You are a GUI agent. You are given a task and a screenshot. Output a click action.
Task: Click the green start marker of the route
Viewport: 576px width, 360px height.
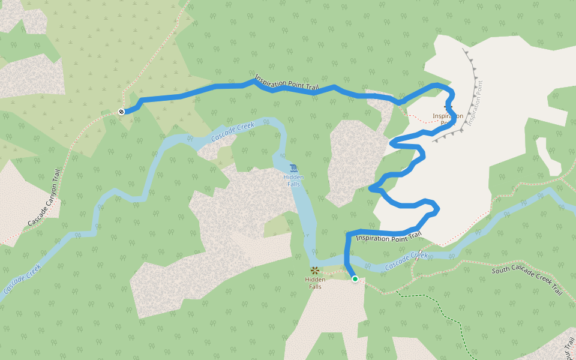coord(355,279)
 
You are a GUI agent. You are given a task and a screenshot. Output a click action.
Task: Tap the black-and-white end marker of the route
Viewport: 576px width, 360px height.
coord(122,112)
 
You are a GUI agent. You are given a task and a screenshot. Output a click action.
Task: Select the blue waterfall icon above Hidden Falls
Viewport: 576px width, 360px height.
coord(293,167)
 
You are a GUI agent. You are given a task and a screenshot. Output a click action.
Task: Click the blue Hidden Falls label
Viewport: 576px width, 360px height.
coord(293,181)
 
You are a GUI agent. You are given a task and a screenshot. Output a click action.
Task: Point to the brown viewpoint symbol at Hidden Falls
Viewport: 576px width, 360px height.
coord(314,271)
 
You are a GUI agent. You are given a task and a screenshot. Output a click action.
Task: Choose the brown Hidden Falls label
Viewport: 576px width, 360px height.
coord(315,283)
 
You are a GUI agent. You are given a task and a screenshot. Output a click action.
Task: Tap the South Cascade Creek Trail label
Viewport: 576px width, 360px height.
coord(527,280)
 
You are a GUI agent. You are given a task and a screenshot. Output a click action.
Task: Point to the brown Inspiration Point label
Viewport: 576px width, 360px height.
coord(448,119)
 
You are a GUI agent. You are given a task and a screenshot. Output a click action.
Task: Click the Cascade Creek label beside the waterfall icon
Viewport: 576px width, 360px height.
coord(233,132)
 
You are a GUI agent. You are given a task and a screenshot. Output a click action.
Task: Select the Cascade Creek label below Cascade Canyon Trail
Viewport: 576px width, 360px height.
coord(23,278)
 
